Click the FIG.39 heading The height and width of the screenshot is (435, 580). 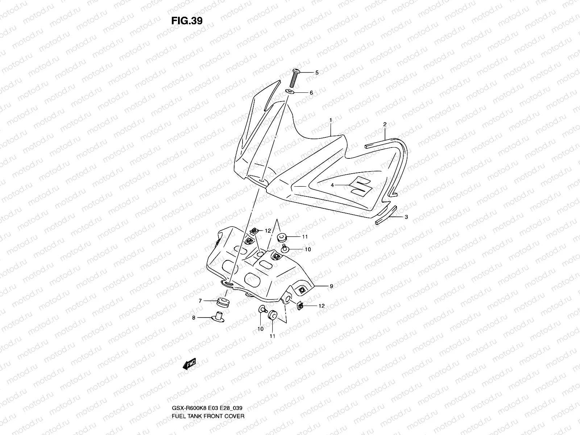click(187, 21)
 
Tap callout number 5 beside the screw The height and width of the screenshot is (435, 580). click(316, 72)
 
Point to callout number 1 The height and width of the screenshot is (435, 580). click(331, 120)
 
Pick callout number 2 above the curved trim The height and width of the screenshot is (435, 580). click(385, 124)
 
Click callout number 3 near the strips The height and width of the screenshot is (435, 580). click(406, 217)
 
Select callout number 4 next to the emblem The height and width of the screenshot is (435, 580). click(332, 185)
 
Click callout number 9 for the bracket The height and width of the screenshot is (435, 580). click(331, 286)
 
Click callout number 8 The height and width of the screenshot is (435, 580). click(194, 318)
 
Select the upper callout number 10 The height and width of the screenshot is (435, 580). click(308, 249)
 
